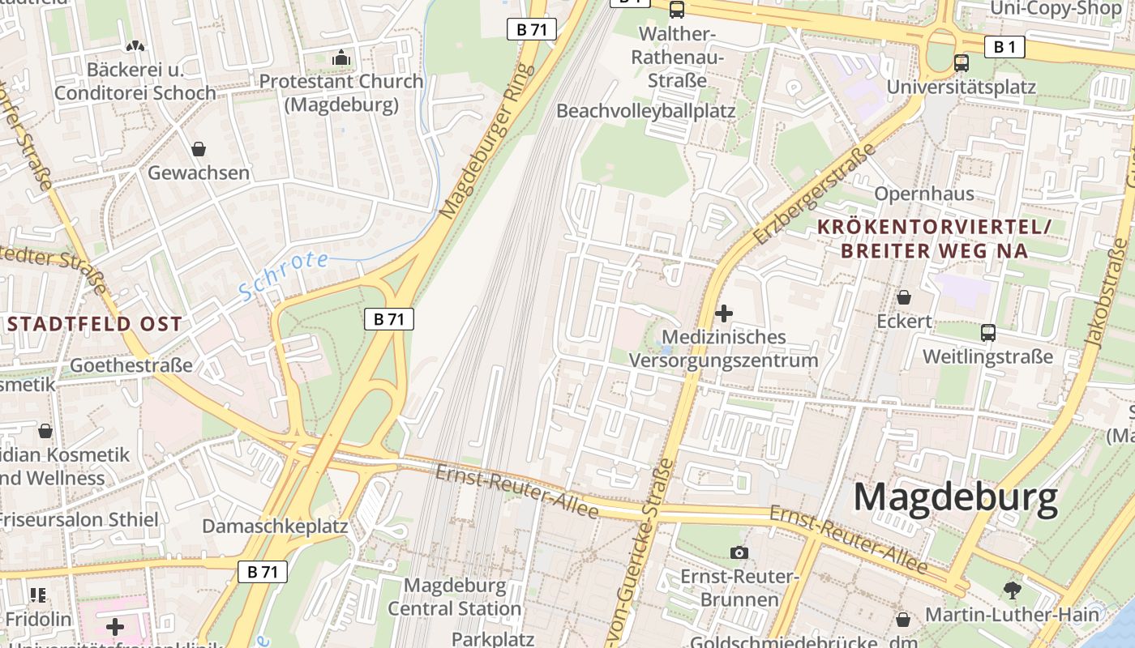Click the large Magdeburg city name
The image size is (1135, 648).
click(x=956, y=497)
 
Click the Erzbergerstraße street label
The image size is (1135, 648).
click(x=814, y=195)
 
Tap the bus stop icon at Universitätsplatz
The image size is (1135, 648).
click(x=962, y=62)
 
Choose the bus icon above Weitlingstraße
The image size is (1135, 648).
click(x=987, y=332)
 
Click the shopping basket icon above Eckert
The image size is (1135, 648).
click(x=903, y=297)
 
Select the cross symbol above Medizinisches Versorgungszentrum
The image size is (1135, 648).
click(x=724, y=313)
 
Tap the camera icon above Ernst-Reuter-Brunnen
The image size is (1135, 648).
click(x=739, y=552)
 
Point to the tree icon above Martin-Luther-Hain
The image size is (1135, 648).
click(x=1012, y=590)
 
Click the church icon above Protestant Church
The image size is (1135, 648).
click(x=341, y=58)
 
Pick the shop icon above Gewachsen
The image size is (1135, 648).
click(x=199, y=149)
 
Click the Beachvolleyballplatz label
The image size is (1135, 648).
click(x=646, y=111)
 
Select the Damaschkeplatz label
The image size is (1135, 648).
click(x=275, y=526)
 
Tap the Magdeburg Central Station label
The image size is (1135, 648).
click(x=454, y=597)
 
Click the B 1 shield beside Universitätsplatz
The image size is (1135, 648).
click(x=1004, y=47)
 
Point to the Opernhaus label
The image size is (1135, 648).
click(x=924, y=194)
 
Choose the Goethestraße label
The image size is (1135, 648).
click(x=131, y=364)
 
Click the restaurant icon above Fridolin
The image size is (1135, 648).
click(x=38, y=595)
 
